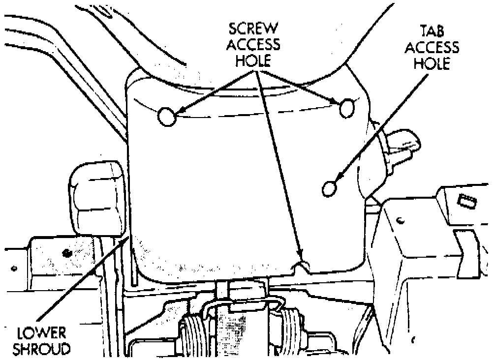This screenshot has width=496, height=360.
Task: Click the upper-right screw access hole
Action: click(x=347, y=107)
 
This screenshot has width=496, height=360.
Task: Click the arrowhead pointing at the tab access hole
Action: click(x=339, y=179)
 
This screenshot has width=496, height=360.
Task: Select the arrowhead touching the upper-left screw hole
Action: click(x=177, y=114)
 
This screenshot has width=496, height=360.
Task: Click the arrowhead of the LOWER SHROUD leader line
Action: click(x=128, y=240)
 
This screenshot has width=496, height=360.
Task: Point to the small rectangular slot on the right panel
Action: click(x=465, y=200)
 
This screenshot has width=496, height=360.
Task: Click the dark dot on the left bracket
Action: click(x=65, y=253)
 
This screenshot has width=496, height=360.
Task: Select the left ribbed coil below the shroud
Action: click(x=196, y=334)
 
